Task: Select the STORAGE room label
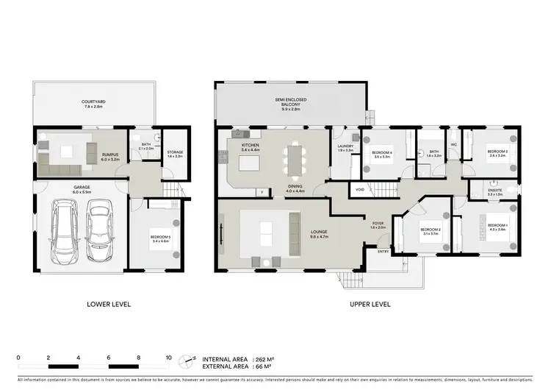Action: [174, 153]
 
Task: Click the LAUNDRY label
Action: [345, 146]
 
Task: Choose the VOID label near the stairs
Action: [359, 189]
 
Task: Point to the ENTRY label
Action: [383, 251]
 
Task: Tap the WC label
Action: [453, 145]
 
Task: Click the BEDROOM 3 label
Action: [497, 152]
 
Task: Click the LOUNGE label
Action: [318, 233]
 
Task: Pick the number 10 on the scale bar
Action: [169, 357]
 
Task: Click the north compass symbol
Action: [192, 361]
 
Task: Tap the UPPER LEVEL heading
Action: [370, 304]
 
